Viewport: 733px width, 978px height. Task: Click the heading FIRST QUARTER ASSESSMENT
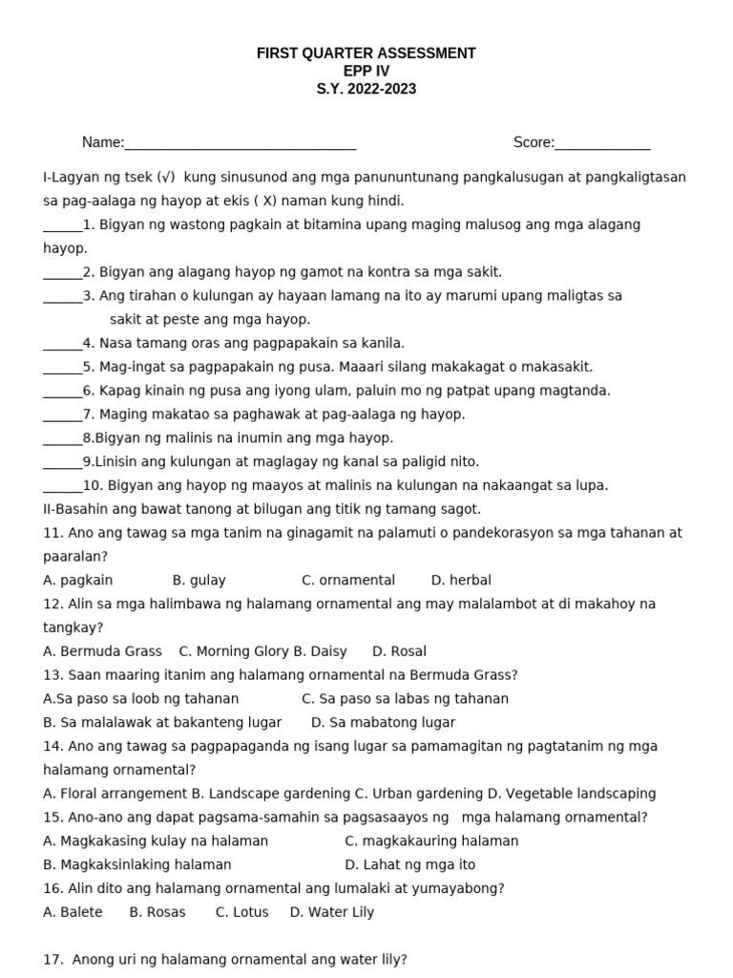pos(366,53)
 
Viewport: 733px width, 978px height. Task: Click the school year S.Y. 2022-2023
pos(366,90)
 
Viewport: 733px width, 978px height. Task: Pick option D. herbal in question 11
pos(461,580)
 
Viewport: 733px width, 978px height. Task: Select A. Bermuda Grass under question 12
pos(102,651)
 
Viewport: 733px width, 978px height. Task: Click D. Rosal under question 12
pos(399,651)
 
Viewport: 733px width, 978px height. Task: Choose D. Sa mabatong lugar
pos(383,722)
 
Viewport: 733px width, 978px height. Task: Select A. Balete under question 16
pos(73,912)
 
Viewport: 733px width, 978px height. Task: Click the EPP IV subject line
pos(366,72)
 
